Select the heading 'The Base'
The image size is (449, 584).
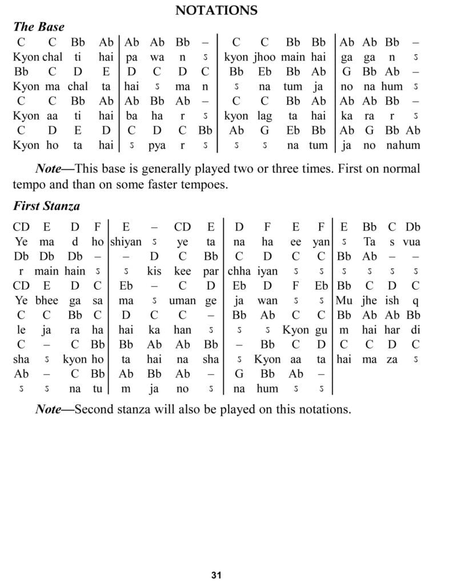[x=38, y=27]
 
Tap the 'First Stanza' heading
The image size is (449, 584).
[x=46, y=206]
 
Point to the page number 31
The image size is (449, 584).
[x=216, y=574]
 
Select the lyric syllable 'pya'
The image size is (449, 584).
[x=158, y=145]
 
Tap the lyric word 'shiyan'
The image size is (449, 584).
[x=126, y=241]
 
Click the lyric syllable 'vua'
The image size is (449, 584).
[x=411, y=241]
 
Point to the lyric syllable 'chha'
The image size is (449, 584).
[x=238, y=271]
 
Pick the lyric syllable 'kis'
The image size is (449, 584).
[x=154, y=271]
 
